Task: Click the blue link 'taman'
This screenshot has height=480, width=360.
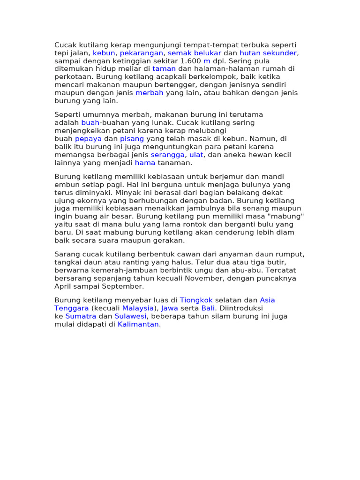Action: [164, 69]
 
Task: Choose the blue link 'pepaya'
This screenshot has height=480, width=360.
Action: [88, 139]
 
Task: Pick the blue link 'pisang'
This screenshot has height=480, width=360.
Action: [132, 139]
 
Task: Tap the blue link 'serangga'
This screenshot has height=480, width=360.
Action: [168, 155]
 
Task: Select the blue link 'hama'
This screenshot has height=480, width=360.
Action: [143, 163]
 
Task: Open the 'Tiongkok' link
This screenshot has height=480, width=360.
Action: [196, 300]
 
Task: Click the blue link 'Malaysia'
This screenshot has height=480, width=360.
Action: [138, 308]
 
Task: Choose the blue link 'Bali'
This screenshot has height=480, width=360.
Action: [208, 308]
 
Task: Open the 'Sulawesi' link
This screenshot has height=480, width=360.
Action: [131, 316]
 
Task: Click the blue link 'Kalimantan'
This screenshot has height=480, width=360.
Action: [138, 324]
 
